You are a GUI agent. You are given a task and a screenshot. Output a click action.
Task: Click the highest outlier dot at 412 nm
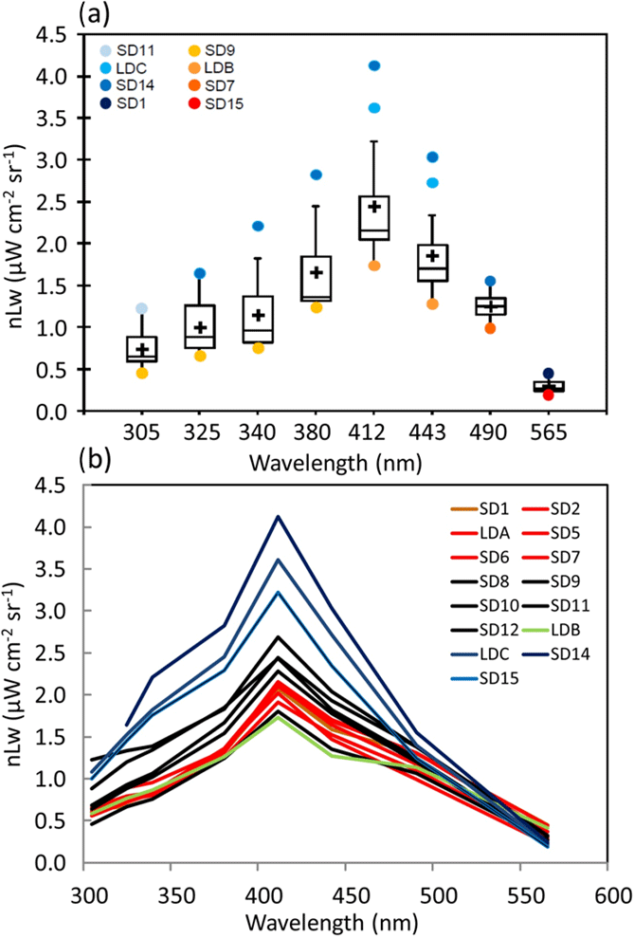[x=374, y=65]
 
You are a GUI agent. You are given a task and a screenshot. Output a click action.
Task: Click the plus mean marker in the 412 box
[x=374, y=207]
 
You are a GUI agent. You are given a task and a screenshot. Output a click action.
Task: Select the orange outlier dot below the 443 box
[x=432, y=304]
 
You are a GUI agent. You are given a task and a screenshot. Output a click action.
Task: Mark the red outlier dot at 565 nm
[x=549, y=395]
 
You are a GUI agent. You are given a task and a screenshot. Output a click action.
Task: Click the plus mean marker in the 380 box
[x=316, y=272]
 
